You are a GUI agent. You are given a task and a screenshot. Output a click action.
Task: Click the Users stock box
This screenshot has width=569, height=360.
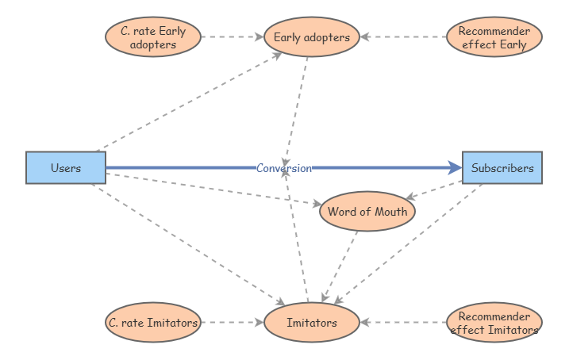[x=66, y=168]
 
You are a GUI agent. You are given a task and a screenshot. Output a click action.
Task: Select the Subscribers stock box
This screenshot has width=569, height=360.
[x=502, y=168]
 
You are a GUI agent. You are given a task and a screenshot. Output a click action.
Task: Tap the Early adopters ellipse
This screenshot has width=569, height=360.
[x=312, y=37]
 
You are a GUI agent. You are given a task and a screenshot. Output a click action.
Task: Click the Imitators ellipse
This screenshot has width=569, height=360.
[x=312, y=322]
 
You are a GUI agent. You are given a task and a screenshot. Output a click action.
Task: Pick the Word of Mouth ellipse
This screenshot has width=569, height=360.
[x=367, y=212]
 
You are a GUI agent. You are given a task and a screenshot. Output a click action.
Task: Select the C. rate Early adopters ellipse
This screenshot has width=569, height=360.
[x=153, y=37]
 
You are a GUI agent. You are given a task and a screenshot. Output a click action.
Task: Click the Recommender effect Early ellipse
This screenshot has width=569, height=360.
[x=494, y=37]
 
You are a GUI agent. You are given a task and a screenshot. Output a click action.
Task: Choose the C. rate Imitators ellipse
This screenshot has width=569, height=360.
[x=153, y=322]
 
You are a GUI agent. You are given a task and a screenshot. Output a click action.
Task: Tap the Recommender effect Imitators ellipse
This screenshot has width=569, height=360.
[x=494, y=322]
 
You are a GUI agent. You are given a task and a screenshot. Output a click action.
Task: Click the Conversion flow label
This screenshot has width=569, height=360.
[x=284, y=168]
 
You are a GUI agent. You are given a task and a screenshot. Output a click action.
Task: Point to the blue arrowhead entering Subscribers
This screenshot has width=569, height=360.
[x=455, y=167]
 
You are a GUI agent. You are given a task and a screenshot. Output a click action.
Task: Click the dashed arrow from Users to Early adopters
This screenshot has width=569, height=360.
[x=189, y=101]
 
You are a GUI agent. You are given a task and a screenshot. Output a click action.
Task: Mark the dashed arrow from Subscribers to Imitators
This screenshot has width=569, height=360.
[x=408, y=244]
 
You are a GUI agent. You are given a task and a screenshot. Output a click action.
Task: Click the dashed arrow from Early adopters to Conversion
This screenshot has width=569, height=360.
[x=297, y=112]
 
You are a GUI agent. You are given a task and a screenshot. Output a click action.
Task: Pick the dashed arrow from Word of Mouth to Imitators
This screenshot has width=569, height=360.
[x=340, y=266]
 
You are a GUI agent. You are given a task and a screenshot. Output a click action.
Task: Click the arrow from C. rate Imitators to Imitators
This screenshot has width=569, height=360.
[x=233, y=322]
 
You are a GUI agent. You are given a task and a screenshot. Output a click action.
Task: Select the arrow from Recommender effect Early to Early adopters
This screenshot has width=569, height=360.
[x=403, y=37]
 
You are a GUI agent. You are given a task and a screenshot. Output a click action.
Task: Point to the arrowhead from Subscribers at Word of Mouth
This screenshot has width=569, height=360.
[x=410, y=197]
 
